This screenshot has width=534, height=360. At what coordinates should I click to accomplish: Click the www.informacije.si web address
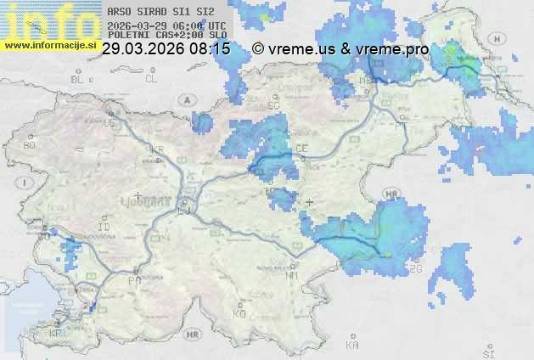click(x=50, y=45)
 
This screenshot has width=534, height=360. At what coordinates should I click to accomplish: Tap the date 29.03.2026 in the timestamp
click(x=143, y=49)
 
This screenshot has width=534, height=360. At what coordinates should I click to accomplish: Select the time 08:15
click(x=210, y=49)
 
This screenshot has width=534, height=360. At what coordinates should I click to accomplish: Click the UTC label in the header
click(x=218, y=25)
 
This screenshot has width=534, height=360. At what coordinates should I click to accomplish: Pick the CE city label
click(x=301, y=149)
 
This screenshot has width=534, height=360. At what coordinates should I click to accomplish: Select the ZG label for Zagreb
click(x=415, y=268)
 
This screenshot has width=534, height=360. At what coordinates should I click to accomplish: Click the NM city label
click(x=293, y=276)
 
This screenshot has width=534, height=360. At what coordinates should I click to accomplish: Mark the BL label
click(x=79, y=79)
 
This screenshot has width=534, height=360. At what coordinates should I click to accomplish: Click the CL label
click(x=151, y=79)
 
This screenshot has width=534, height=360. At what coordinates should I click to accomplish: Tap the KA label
click(x=352, y=346)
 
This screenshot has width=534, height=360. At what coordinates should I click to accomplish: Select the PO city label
click(x=133, y=280)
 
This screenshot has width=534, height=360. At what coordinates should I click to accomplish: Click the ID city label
click(x=104, y=228)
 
